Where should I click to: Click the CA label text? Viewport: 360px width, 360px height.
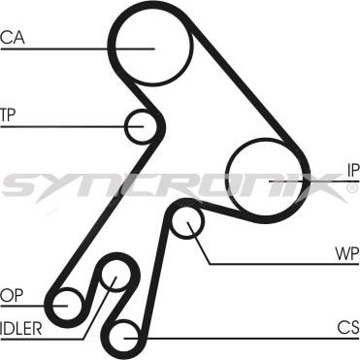(13, 38)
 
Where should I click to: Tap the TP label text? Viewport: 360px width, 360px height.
(9, 115)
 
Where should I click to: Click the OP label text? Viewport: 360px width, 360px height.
(11, 294)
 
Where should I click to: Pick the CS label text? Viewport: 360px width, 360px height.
(348, 326)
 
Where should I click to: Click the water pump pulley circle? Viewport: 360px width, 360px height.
(186, 223)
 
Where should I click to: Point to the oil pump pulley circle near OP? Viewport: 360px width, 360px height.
(67, 304)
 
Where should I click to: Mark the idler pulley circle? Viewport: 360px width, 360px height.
(115, 278)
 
